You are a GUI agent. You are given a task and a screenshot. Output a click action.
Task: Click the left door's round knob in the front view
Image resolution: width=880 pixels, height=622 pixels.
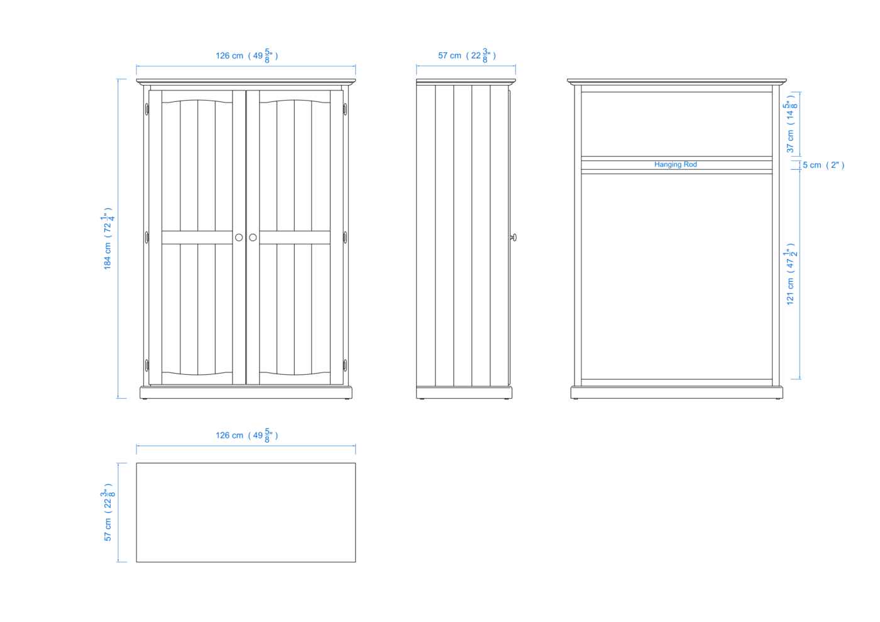(x=239, y=238)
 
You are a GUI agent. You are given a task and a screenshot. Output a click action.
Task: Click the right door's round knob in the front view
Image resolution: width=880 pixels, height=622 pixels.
(x=253, y=238)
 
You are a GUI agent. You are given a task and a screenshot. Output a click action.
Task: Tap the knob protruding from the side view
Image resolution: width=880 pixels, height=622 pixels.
(x=514, y=237)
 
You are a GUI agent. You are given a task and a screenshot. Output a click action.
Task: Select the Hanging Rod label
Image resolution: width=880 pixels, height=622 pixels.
(x=675, y=165)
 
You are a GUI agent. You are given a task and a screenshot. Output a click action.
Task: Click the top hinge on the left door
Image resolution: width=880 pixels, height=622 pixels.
(x=147, y=109)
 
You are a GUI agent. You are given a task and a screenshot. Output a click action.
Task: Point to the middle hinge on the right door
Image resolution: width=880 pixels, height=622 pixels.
(x=345, y=237)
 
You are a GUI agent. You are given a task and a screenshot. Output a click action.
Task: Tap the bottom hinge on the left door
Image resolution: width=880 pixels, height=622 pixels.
(x=147, y=365)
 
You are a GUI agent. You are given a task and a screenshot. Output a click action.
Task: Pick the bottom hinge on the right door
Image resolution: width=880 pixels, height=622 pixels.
(x=345, y=365)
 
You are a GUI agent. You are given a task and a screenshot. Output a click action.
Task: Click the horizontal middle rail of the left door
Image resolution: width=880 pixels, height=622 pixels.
(x=197, y=238)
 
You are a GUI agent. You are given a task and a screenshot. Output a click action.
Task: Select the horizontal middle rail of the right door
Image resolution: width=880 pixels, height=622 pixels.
(x=295, y=238)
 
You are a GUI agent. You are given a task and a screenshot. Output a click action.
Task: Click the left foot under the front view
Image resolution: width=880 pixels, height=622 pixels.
(x=145, y=399)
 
